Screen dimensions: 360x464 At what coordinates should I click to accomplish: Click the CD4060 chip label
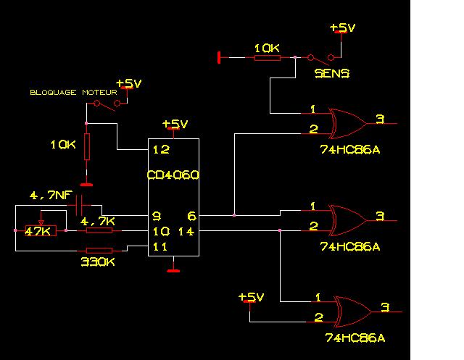pos(173,175)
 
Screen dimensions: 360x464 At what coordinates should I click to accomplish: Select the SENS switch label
pos(332,73)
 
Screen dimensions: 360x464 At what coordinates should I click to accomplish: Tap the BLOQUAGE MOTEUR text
pos(72,93)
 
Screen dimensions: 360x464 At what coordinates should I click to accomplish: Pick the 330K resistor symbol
pos(99,251)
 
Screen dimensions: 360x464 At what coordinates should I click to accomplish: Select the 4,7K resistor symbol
pos(99,230)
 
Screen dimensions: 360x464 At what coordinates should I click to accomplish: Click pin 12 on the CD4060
pos(160,149)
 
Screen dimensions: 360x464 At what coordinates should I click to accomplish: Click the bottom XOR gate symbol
pos(354,309)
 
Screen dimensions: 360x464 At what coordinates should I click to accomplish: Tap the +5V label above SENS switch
pos(342,28)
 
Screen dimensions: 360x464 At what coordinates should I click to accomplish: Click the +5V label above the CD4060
pos(174,123)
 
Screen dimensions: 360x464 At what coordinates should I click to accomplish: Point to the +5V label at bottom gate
pos(251,297)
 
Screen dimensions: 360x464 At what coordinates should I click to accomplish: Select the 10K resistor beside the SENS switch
pos(267,56)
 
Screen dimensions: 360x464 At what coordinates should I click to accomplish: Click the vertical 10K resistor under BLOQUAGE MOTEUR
pos(87,147)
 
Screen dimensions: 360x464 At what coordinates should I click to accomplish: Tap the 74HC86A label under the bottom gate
pos(355,338)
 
